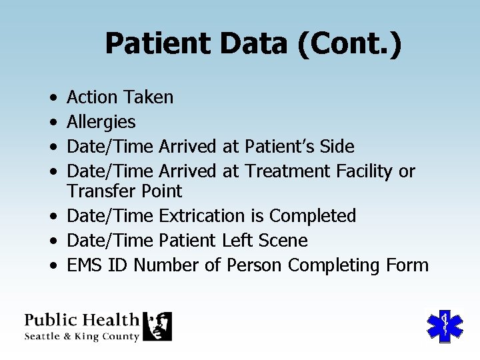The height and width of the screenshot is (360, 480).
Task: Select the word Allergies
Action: [x=101, y=122]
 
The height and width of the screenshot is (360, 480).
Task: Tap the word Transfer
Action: [x=99, y=191]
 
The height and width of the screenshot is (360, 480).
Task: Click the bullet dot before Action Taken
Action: [x=52, y=98]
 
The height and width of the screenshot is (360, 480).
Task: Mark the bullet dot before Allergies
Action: [x=52, y=123]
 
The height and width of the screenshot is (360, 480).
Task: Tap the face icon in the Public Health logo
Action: [x=157, y=326]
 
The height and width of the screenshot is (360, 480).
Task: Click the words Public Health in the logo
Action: [x=82, y=320]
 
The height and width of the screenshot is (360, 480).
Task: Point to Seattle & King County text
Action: [x=82, y=337]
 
